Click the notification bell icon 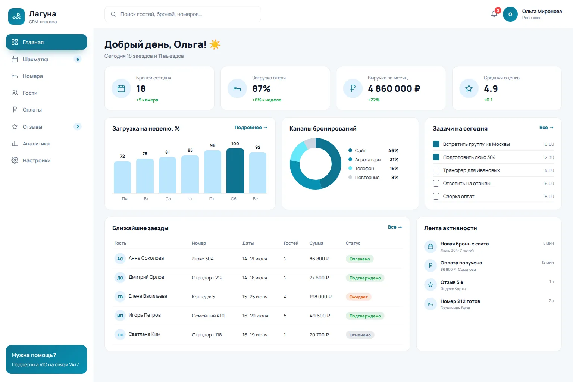tap(494, 14)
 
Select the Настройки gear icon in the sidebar tap(15, 160)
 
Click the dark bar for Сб tap(235, 170)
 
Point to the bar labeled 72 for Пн tap(122, 177)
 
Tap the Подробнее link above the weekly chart tap(251, 128)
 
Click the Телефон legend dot tap(350, 168)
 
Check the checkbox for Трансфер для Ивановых tap(436, 170)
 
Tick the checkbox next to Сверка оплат tap(436, 196)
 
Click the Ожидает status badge tap(358, 297)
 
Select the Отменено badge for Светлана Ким tap(360, 335)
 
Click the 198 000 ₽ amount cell tap(320, 297)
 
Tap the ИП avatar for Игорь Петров tap(120, 316)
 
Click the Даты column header tap(248, 243)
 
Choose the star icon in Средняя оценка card tap(469, 88)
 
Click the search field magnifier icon tap(113, 14)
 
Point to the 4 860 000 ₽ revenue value tap(394, 88)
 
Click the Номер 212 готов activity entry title tap(460, 301)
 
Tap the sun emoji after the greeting tap(215, 44)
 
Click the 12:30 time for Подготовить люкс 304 tap(548, 157)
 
